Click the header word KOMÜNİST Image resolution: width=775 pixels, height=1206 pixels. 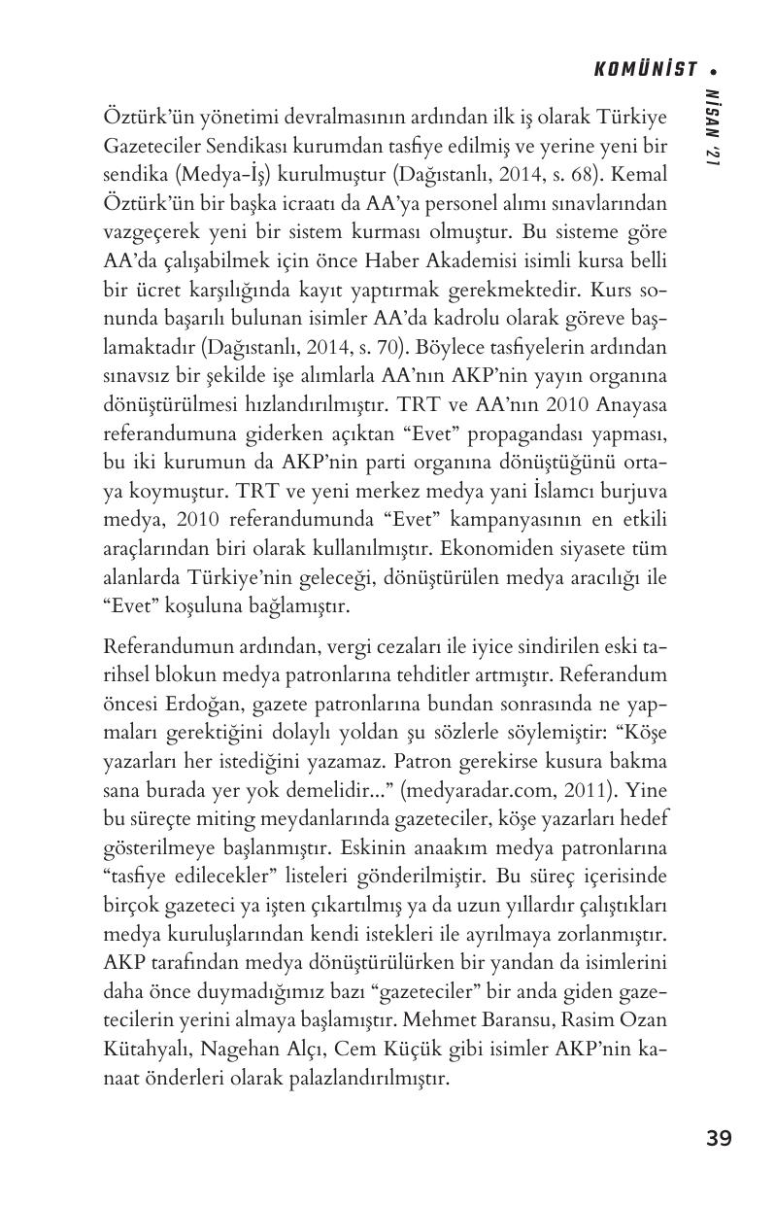pyautogui.click(x=645, y=69)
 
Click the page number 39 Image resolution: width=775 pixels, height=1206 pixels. pyautogui.click(x=719, y=1138)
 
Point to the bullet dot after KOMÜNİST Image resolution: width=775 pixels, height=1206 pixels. pyautogui.click(x=713, y=70)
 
